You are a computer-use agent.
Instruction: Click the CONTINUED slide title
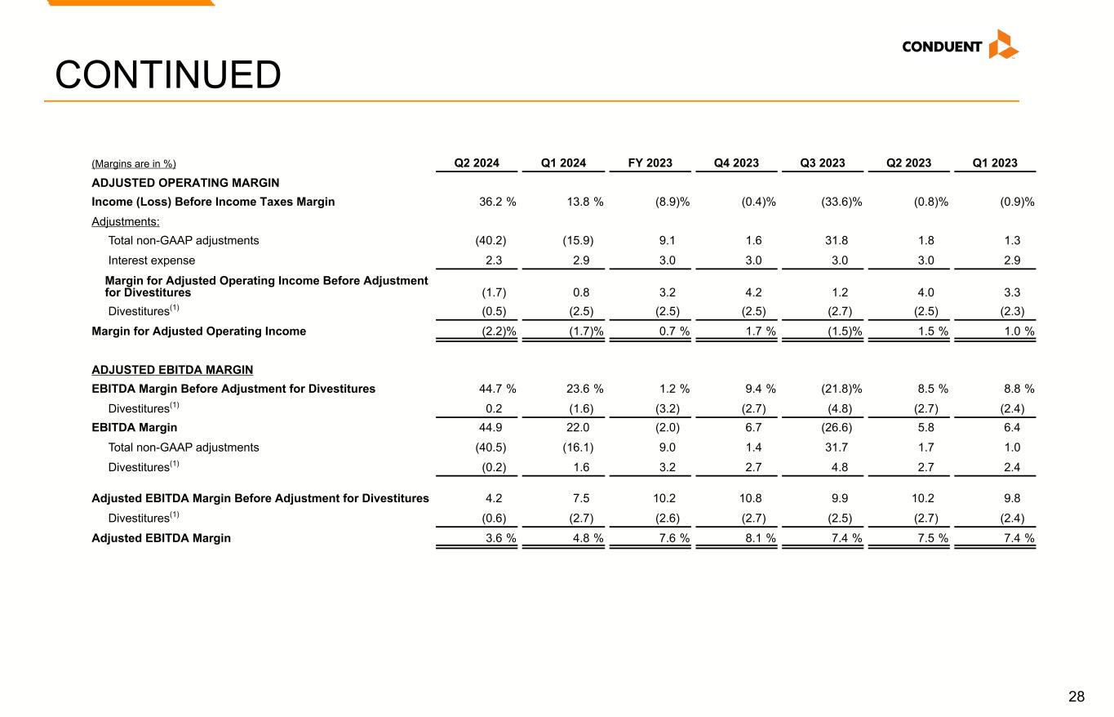tap(167, 75)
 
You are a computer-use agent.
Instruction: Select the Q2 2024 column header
tap(477, 163)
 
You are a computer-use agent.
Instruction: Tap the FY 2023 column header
tap(650, 163)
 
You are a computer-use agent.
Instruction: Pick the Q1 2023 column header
tap(995, 163)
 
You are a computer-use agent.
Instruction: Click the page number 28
tap(1076, 697)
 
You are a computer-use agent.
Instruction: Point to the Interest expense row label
tap(152, 261)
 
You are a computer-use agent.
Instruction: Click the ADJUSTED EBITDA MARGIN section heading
tap(172, 370)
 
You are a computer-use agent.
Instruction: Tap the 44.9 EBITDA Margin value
tap(493, 427)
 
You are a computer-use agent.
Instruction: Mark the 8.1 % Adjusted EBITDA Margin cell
tap(756, 538)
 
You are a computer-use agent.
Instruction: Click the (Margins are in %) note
tap(134, 164)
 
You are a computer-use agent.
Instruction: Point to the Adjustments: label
tap(126, 221)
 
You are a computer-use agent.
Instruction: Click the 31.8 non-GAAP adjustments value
tap(835, 240)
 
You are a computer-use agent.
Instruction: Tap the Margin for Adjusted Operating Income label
tap(198, 332)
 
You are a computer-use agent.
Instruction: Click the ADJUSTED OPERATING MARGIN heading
tap(185, 183)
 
